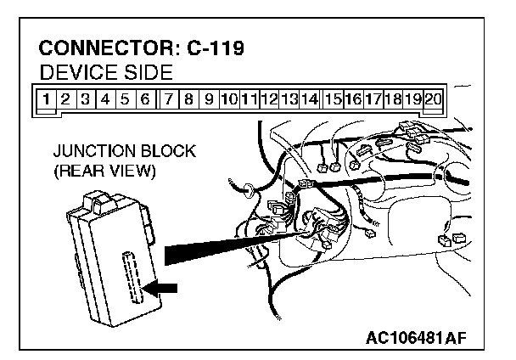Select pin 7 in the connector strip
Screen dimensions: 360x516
[x=170, y=98]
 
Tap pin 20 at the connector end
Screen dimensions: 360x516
[x=432, y=98]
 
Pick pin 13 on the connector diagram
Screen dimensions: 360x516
[x=289, y=98]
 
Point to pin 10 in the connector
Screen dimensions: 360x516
[x=228, y=98]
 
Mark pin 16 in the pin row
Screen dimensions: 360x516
[x=353, y=98]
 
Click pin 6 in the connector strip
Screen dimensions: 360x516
[x=145, y=98]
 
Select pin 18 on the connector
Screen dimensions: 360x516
[x=392, y=98]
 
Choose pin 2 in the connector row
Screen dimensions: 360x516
[x=65, y=98]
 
